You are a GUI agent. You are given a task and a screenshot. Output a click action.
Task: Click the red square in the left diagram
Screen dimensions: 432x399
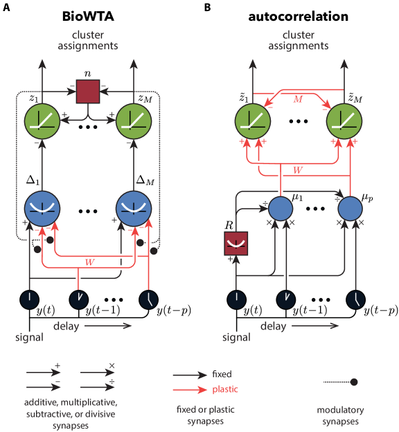coord(88,91)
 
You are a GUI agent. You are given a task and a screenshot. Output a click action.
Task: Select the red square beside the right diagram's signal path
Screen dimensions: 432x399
coord(236,243)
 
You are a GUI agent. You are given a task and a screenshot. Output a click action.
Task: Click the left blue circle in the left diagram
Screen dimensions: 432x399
coord(43,207)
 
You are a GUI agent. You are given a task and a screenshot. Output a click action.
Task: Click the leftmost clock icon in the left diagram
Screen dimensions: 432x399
coord(30,299)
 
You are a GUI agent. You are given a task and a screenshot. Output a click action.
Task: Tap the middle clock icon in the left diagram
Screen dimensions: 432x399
coord(79,299)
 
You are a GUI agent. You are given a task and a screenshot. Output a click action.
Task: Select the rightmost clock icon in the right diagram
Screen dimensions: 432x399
coord(356,299)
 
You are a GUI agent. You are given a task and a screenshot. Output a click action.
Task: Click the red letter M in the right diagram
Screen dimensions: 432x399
coord(298,100)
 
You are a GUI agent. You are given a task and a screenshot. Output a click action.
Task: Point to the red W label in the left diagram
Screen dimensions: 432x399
coord(89,261)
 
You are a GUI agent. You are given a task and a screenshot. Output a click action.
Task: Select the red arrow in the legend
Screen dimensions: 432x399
coord(190,389)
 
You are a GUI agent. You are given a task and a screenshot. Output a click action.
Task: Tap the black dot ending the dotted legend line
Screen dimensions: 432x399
coord(353,382)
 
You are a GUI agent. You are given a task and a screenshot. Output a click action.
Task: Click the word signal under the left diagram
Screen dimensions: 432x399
coord(29,338)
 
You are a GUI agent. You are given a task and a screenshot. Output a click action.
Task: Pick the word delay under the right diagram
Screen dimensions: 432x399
coord(273,325)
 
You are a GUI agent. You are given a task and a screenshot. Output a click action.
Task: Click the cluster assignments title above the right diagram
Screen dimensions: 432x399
coord(298,40)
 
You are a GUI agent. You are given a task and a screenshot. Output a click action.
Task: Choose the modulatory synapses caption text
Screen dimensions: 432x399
coord(340,415)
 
